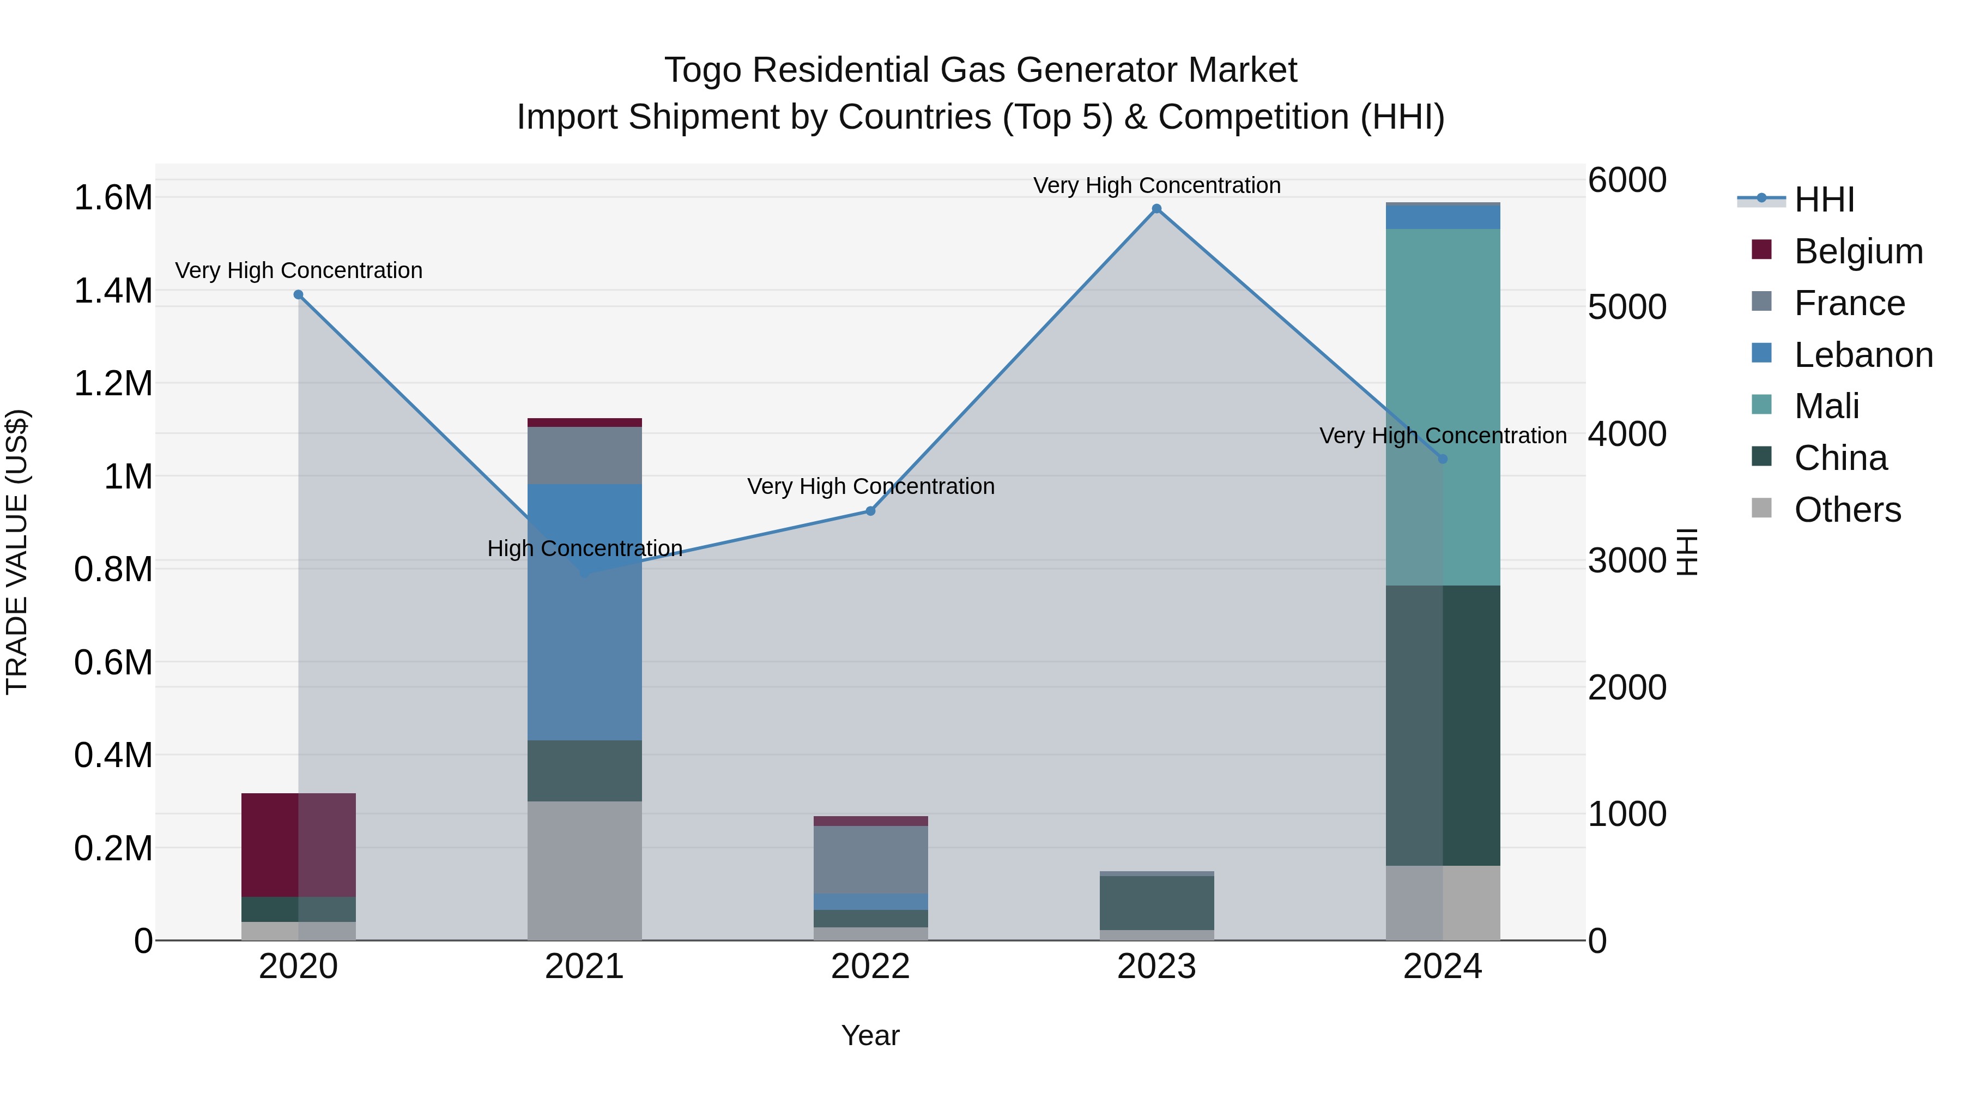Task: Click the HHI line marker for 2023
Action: coord(1156,209)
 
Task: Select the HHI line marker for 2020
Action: coord(299,295)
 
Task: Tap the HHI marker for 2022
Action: coord(870,511)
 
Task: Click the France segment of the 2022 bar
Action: coord(870,859)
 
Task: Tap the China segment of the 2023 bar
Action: coord(1156,903)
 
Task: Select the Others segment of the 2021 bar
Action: coord(584,870)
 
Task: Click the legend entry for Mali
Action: coord(1826,406)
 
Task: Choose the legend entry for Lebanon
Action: coord(1862,355)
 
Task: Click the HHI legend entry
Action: coord(1824,200)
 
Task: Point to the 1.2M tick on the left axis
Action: coord(113,383)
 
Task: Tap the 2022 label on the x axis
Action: coord(870,967)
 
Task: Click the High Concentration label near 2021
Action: coord(584,548)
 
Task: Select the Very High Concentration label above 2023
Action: coord(1156,185)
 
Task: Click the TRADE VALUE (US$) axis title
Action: coord(17,552)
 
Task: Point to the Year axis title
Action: coord(870,1035)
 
